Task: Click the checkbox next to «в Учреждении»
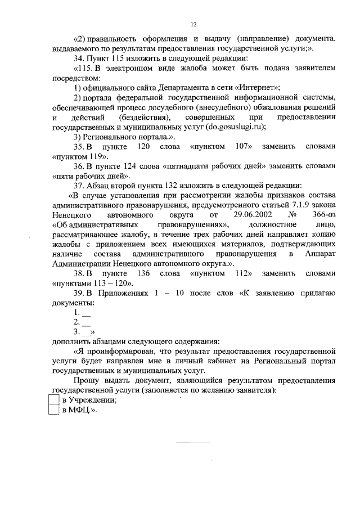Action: [x=54, y=399]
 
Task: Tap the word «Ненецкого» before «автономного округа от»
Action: [x=71, y=215]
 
